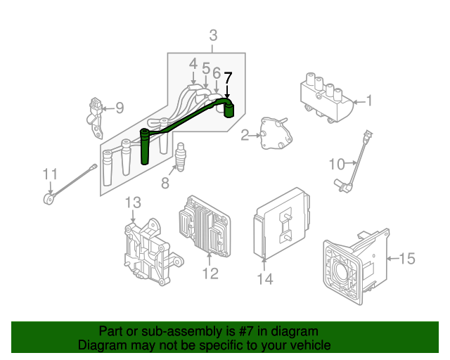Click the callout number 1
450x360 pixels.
click(369, 103)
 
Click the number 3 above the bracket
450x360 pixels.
click(213, 34)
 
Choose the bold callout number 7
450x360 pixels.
click(227, 79)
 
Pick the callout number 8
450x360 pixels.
click(165, 183)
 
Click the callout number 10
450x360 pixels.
click(336, 164)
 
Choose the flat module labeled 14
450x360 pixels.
click(282, 221)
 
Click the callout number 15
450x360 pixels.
click(407, 259)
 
